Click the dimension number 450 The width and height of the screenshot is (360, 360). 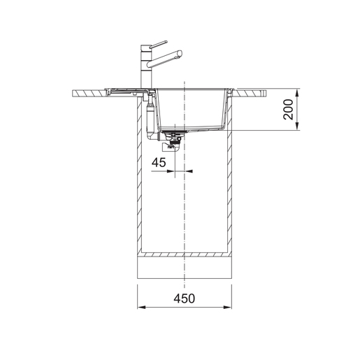click(x=184, y=298)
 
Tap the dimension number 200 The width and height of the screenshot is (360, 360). click(x=288, y=109)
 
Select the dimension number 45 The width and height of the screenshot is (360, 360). click(x=159, y=162)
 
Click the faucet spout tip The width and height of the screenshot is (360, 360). click(x=180, y=53)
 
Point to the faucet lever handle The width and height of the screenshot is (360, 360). click(x=159, y=45)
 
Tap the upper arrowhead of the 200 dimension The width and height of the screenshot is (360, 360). click(x=297, y=92)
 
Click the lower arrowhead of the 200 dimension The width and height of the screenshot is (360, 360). click(x=297, y=127)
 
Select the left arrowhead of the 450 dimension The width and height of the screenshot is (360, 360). click(x=141, y=307)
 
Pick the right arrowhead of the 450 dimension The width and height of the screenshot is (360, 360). click(x=228, y=307)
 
